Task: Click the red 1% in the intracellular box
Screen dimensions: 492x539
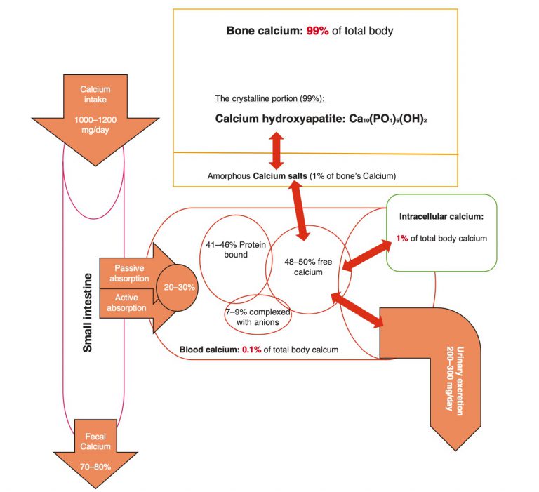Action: point(402,239)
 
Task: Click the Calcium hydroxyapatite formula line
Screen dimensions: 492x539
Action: point(321,119)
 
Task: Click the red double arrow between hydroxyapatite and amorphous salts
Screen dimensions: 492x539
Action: point(277,149)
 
